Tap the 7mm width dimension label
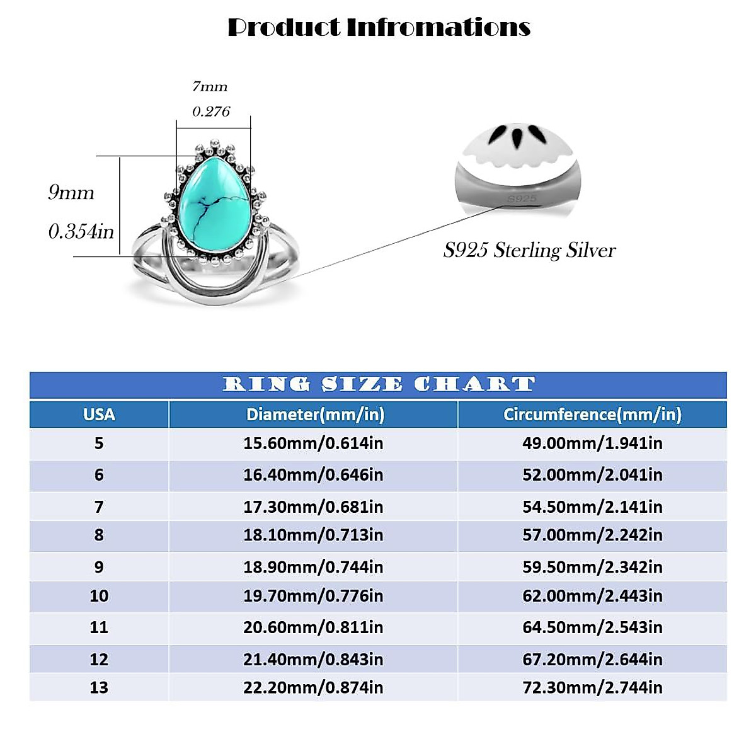pos(210,86)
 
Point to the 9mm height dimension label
pos(71,192)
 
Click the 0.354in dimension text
pos(81,232)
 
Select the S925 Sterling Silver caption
pos(529,250)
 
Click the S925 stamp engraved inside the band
pos(522,198)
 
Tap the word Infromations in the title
pos(438,27)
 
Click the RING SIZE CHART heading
pos(379,384)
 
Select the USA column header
pos(99,415)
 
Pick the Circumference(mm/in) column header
pos(592,415)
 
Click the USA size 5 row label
pos(99,444)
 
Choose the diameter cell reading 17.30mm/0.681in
pos(313,507)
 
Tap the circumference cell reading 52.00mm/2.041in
pos(592,475)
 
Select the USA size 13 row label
pos(99,687)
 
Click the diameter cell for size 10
pos(313,596)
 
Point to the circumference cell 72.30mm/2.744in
pos(592,687)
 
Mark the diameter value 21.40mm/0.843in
pos(313,660)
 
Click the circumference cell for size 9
pos(592,567)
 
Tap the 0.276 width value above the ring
pos(211,112)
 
